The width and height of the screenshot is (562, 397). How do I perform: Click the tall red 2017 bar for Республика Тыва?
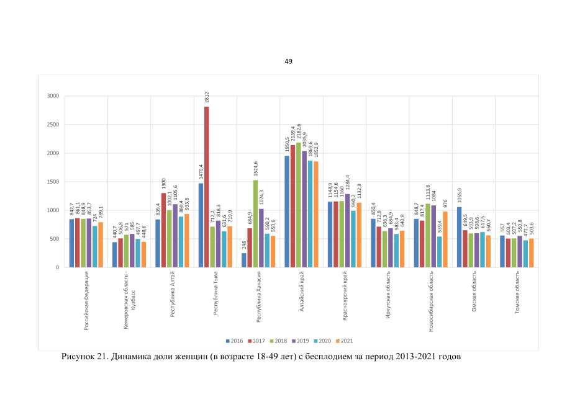pos(206,187)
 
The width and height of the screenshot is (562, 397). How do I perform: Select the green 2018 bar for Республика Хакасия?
pos(255,223)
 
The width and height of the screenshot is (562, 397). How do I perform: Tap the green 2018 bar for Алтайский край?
pos(298,205)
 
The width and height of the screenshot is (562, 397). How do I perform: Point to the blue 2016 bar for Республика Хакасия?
pos(244,260)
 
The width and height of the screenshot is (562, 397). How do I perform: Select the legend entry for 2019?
pos(301,341)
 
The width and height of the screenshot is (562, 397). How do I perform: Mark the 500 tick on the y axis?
pos(54,239)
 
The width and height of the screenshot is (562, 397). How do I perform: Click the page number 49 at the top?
pos(288,61)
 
